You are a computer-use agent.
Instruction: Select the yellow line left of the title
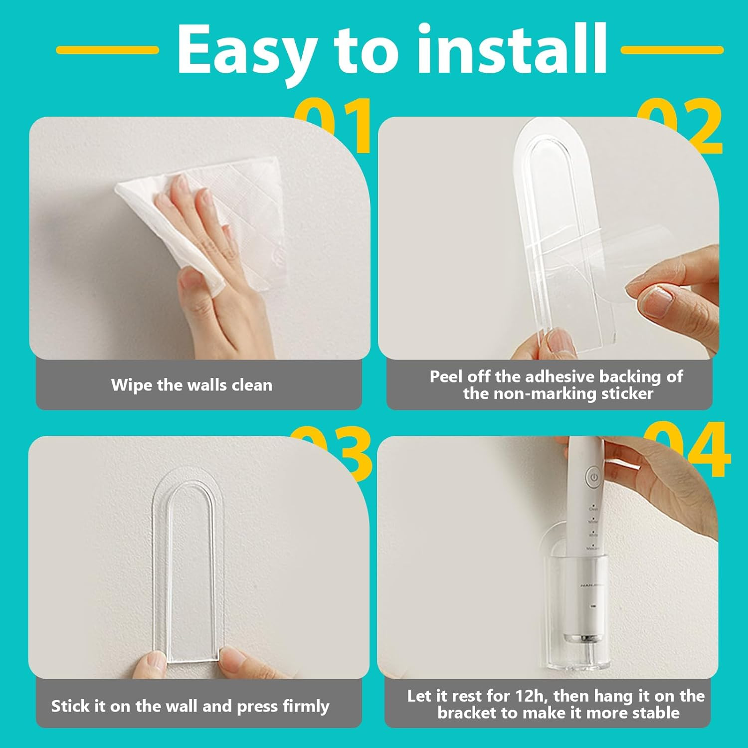pos(107,50)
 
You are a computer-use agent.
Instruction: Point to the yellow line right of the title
pos(672,50)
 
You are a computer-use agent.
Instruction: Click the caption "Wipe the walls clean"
pos(191,385)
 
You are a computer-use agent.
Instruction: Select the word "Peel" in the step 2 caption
pos(446,376)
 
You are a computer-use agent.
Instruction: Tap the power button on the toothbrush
pos(593,477)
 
